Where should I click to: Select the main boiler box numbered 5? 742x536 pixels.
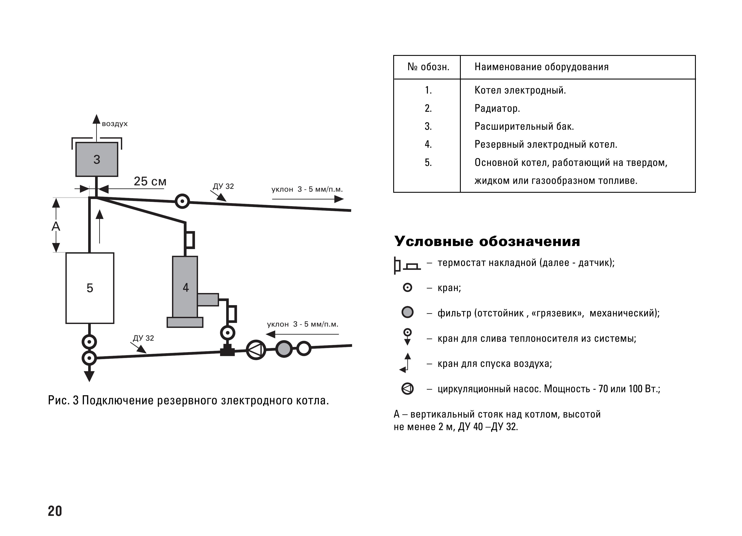[x=90, y=288]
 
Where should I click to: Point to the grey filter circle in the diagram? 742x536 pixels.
[x=284, y=349]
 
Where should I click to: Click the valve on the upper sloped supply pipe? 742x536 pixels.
[x=182, y=201]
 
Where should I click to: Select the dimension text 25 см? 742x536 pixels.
[x=150, y=181]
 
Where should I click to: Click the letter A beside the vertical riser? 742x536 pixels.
[x=56, y=226]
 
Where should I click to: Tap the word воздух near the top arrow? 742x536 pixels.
[x=115, y=124]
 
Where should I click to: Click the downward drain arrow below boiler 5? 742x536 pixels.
[x=89, y=376]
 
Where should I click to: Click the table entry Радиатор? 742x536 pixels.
[x=497, y=108]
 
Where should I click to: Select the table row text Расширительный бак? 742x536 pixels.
[x=524, y=126]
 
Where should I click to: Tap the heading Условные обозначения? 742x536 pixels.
[x=487, y=241]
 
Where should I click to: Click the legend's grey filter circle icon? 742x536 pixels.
[x=407, y=312]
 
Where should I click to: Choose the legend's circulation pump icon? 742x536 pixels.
[x=407, y=389]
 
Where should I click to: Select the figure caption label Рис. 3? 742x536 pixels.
[x=63, y=400]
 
